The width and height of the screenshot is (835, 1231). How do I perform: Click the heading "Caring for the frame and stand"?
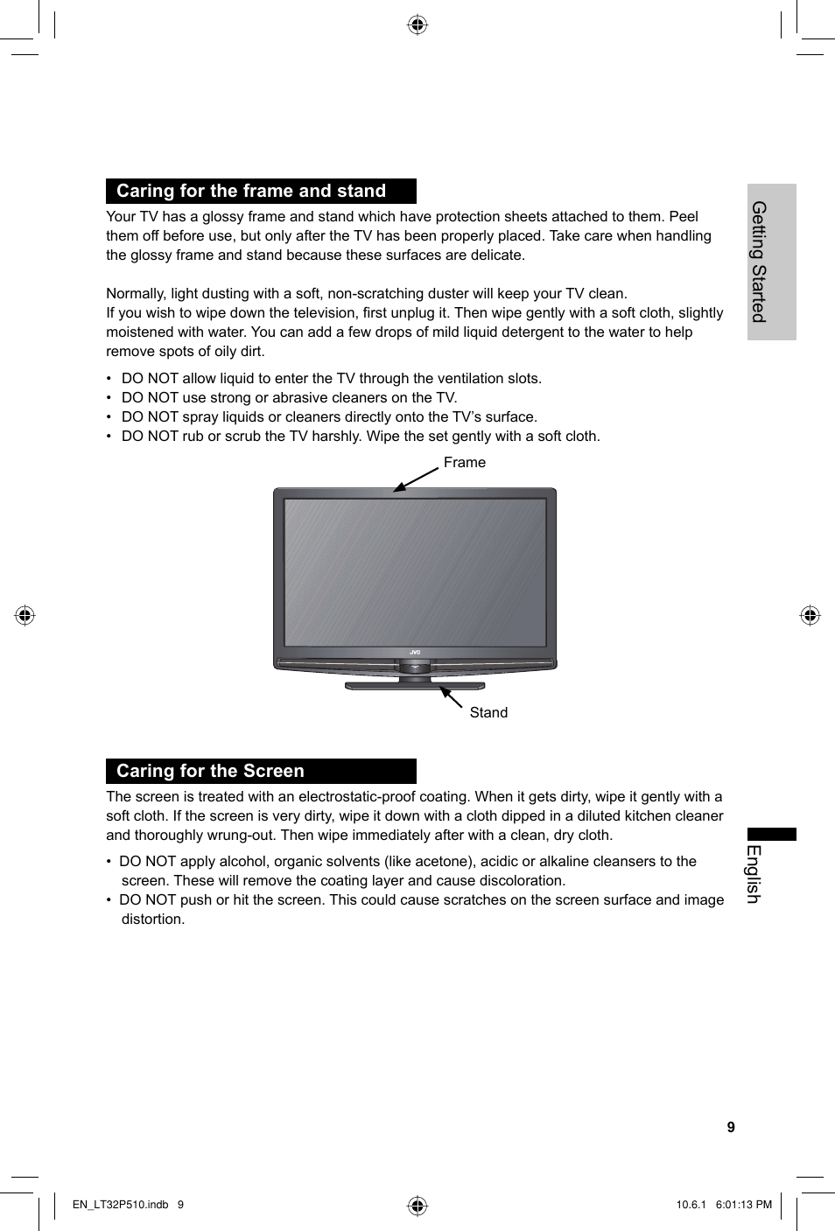(x=251, y=191)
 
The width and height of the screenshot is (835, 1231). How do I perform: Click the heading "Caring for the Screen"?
(x=210, y=771)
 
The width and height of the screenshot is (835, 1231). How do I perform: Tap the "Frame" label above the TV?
(x=464, y=462)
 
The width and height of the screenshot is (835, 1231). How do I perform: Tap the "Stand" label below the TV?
(x=488, y=712)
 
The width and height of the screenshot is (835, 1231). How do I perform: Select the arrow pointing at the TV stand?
(x=451, y=696)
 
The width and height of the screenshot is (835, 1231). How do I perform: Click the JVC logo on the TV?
(x=415, y=652)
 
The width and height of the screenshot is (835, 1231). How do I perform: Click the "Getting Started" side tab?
(x=760, y=262)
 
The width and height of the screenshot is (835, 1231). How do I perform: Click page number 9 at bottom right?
(x=731, y=1127)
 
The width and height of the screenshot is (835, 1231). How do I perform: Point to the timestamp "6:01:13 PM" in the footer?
(x=743, y=1205)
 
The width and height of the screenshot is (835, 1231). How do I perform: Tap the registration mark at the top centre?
(x=417, y=24)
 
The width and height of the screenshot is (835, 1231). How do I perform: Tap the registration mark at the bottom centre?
(x=417, y=1207)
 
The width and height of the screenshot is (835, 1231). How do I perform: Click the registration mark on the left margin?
(x=25, y=616)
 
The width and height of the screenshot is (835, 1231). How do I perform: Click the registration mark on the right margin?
(x=810, y=616)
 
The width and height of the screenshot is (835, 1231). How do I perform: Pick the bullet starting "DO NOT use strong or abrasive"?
(x=289, y=397)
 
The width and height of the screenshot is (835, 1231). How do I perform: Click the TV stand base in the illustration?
(x=415, y=686)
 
